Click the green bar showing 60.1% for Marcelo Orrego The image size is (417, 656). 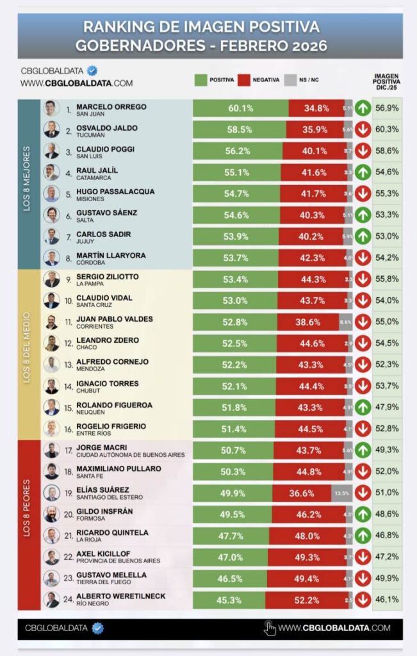[x=240, y=108]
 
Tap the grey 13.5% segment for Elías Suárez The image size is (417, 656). [x=340, y=493]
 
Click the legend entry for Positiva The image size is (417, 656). [x=211, y=80]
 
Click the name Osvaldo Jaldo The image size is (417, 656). [x=106, y=127]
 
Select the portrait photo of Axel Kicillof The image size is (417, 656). [x=51, y=557]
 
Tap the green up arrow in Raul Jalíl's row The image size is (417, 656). [x=363, y=172]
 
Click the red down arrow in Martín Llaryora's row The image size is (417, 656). [x=363, y=258]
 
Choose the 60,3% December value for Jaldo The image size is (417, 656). [x=387, y=129]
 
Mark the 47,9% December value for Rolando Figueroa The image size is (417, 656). [x=387, y=407]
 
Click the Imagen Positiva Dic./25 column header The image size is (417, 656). [x=386, y=81]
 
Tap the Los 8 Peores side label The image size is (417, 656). [x=27, y=525]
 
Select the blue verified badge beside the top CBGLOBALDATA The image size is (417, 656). [x=92, y=70]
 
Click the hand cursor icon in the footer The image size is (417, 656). [x=270, y=628]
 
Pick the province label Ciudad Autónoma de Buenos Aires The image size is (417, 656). [x=130, y=455]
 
